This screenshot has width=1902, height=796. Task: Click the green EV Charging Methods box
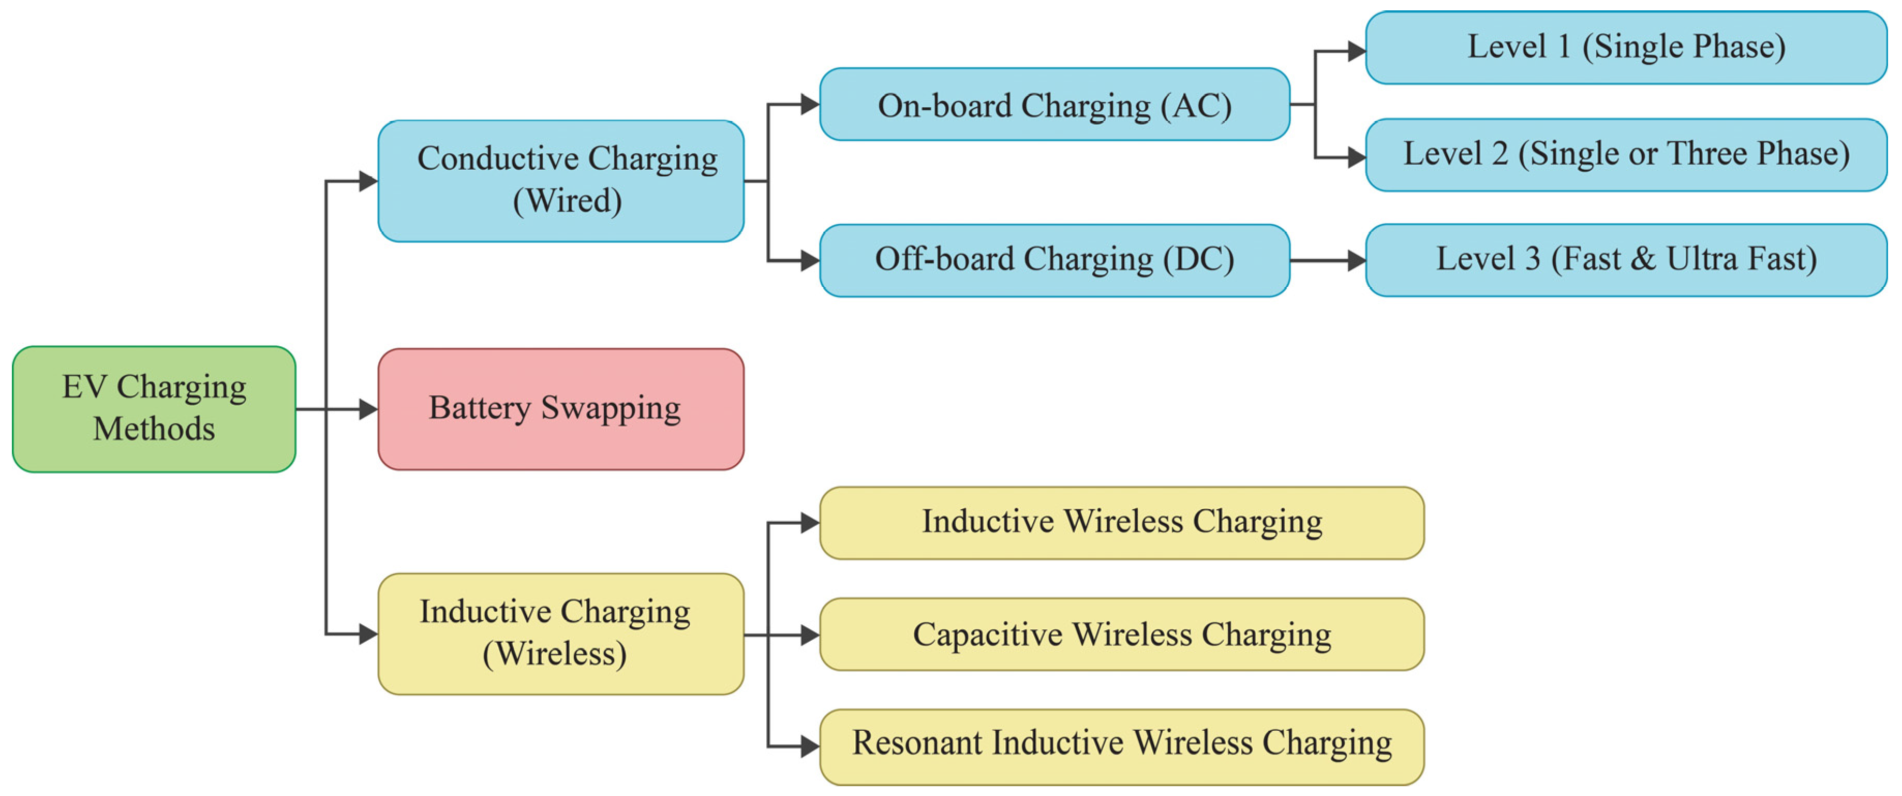click(154, 409)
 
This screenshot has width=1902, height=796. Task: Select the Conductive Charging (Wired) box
click(560, 181)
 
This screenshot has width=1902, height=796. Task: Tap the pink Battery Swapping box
click(560, 409)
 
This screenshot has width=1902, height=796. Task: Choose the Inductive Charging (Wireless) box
click(560, 633)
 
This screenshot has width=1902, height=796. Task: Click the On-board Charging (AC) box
click(1054, 104)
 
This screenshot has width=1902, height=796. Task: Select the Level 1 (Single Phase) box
click(1626, 47)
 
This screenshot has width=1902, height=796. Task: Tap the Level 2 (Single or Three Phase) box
click(1626, 154)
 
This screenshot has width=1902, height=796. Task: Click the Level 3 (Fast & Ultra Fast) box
click(1626, 260)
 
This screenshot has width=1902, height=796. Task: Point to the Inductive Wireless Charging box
click(1122, 523)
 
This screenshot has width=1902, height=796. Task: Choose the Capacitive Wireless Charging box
click(1122, 635)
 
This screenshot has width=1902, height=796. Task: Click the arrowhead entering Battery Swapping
click(368, 409)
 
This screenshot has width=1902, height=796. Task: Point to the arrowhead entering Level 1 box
click(1356, 51)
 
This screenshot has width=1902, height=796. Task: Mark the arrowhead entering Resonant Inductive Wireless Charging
click(810, 746)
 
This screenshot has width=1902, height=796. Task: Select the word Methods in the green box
click(154, 429)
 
